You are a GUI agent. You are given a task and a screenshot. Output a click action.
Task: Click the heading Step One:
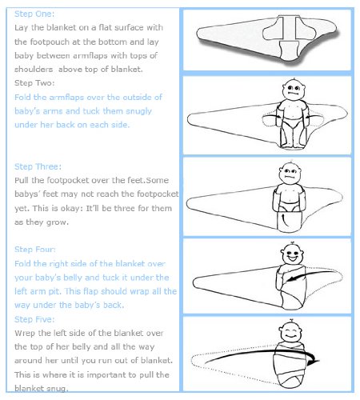[34, 14]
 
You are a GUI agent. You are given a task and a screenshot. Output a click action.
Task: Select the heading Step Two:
[34, 83]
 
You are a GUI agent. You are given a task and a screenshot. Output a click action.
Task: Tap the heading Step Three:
[38, 166]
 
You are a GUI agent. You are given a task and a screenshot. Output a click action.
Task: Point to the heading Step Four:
[35, 250]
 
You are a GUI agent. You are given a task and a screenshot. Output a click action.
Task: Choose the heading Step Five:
[34, 319]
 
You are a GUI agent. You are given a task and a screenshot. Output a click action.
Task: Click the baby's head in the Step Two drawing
[294, 90]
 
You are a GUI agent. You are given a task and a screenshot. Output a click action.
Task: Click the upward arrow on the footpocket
[286, 221]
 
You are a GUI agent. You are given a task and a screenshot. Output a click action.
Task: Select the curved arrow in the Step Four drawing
[312, 274]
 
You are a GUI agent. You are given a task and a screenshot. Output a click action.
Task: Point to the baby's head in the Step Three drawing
[290, 174]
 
